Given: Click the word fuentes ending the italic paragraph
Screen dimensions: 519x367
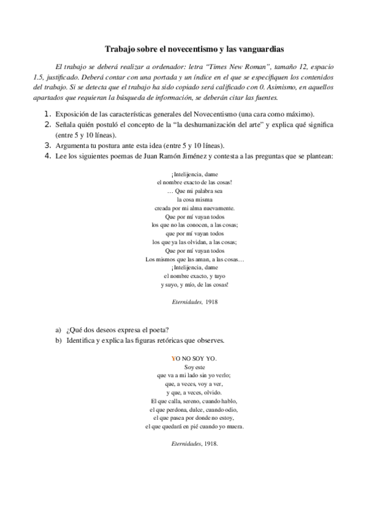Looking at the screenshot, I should pyautogui.click(x=265, y=98).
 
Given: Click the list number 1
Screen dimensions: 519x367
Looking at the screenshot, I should pyautogui.click(x=47, y=114).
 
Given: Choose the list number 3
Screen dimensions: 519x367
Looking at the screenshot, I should pyautogui.click(x=47, y=145).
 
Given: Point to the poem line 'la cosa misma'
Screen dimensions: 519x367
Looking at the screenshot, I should pyautogui.click(x=192, y=199).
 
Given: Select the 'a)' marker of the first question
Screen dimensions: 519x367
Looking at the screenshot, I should pyautogui.click(x=58, y=330).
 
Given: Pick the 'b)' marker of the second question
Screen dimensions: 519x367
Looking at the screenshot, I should pyautogui.click(x=58, y=340).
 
